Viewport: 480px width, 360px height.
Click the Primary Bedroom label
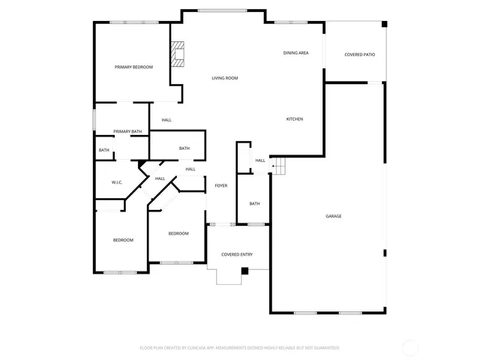click(x=133, y=67)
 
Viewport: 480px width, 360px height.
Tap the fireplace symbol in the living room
click(x=178, y=54)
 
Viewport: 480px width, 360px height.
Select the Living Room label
click(x=224, y=78)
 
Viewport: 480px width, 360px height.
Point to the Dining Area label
click(x=295, y=53)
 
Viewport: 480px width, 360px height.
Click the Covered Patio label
click(x=359, y=55)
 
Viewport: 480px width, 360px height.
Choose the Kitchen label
click(x=295, y=119)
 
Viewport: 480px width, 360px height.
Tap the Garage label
click(x=334, y=216)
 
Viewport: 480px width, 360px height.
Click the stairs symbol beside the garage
click(x=278, y=166)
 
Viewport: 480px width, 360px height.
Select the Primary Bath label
click(x=127, y=132)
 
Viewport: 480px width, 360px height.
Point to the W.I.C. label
click(x=117, y=182)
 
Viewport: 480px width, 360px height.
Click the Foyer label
click(x=221, y=185)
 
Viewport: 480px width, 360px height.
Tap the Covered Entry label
click(x=236, y=254)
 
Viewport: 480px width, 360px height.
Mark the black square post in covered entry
click(x=244, y=271)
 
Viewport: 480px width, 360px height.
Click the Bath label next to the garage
click(x=254, y=204)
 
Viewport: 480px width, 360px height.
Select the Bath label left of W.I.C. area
click(x=103, y=150)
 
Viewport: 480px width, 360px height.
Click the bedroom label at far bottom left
click(x=123, y=240)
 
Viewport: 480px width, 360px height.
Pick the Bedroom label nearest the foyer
click(x=178, y=234)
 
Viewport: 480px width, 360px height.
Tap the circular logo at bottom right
click(x=411, y=347)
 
